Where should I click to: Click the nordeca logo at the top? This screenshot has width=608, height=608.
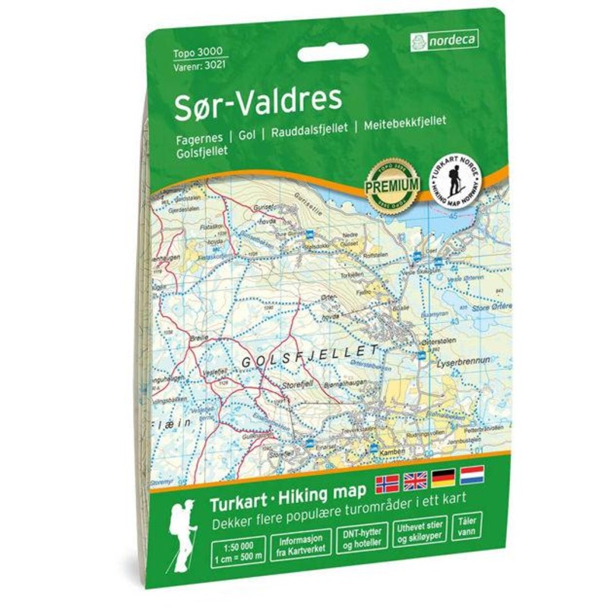click(445, 42)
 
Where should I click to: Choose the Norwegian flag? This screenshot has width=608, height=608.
click(387, 482)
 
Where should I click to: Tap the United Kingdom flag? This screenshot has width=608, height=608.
click(415, 480)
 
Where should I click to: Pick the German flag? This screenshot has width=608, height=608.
click(443, 478)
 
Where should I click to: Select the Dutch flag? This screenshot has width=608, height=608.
click(472, 476)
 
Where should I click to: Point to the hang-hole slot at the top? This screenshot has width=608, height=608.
click(333, 53)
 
